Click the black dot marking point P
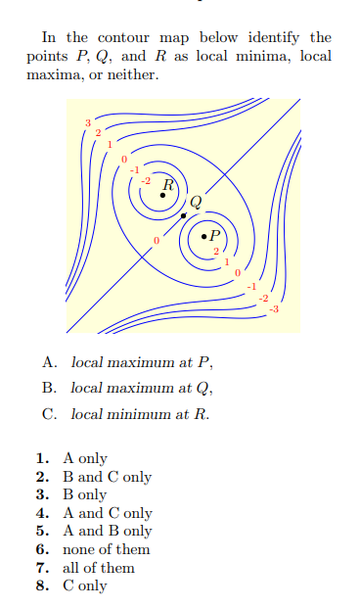(202, 236)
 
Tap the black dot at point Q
(183, 214)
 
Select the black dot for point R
(162, 194)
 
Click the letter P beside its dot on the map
(215, 235)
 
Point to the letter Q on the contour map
(196, 203)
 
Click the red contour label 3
(87, 121)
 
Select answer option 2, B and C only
(107, 477)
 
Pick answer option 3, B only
(85, 494)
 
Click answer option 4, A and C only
(108, 513)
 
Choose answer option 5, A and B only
(108, 531)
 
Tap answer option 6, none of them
(106, 549)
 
